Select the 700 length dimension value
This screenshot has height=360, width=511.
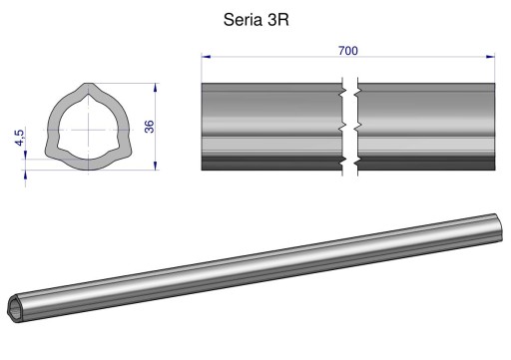point(349,50)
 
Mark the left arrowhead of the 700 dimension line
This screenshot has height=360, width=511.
point(206,58)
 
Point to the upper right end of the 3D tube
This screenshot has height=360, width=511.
point(499,220)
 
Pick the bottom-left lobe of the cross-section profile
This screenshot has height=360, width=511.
point(54,152)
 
